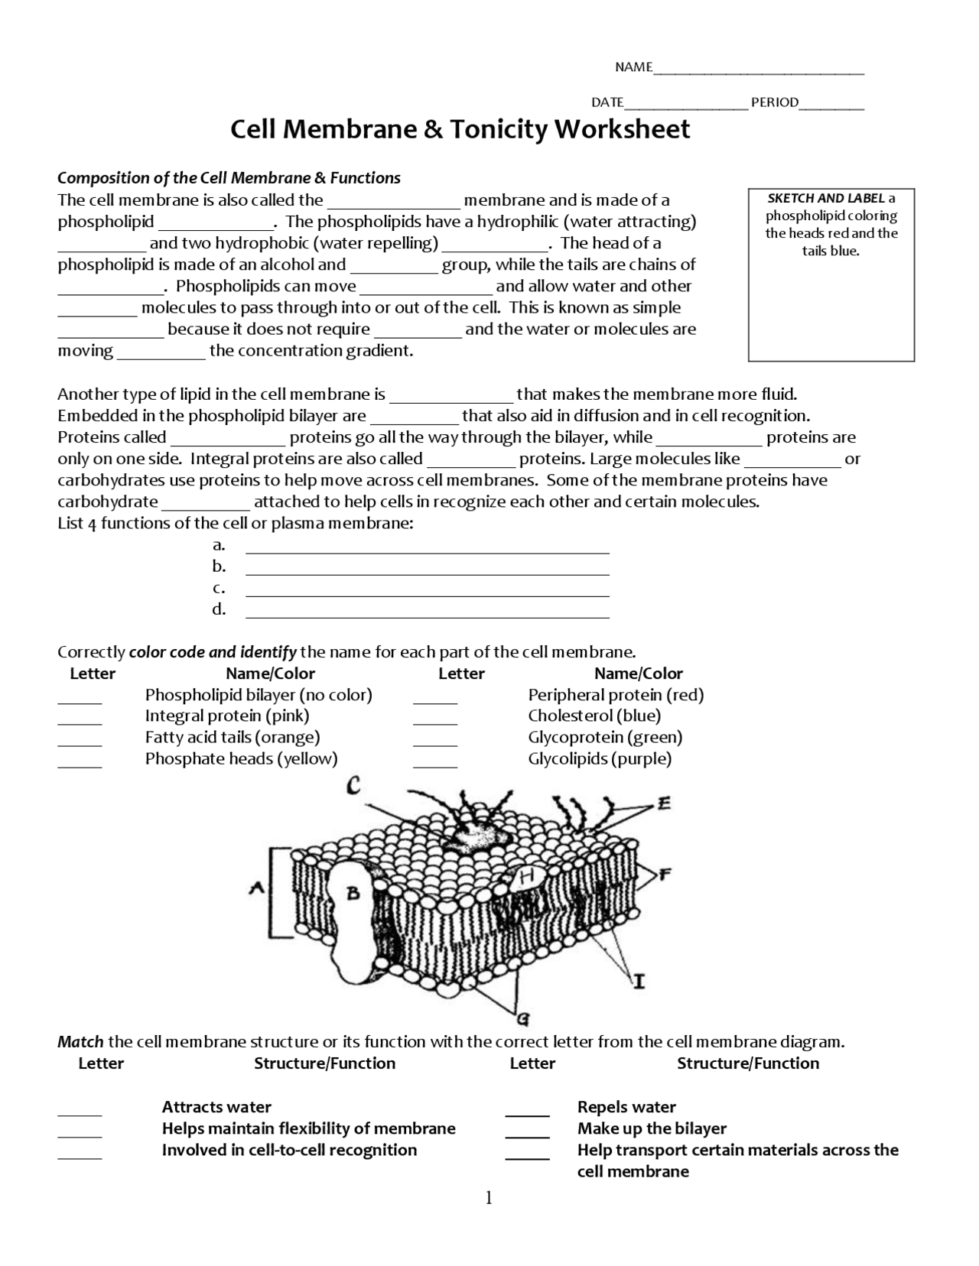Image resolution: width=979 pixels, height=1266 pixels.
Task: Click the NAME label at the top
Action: click(x=633, y=67)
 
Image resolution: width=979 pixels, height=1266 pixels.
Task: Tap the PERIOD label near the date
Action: click(x=774, y=102)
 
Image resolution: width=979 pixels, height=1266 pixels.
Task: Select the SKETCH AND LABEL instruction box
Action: click(x=831, y=274)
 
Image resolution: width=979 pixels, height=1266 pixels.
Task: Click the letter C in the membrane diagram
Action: click(x=353, y=785)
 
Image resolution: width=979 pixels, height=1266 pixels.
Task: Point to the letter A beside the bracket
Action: click(x=257, y=888)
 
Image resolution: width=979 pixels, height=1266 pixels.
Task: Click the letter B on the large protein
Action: click(x=353, y=892)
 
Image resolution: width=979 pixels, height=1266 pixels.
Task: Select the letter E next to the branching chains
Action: click(x=664, y=803)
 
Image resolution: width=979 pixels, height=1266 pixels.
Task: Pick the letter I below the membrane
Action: click(x=639, y=980)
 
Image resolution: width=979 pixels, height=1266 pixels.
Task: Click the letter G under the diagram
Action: click(x=523, y=1018)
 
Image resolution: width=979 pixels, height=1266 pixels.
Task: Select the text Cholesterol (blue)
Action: click(x=594, y=716)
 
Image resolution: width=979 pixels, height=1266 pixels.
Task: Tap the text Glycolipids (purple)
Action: click(x=600, y=759)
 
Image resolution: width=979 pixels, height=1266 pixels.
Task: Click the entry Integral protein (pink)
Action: click(x=227, y=716)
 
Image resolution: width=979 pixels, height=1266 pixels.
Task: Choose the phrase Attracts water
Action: click(x=216, y=1107)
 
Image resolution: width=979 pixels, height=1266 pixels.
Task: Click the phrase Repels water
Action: click(x=626, y=1107)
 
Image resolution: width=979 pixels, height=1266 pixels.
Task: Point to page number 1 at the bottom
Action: click(x=489, y=1198)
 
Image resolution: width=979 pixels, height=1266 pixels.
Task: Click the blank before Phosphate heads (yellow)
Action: click(x=80, y=764)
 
